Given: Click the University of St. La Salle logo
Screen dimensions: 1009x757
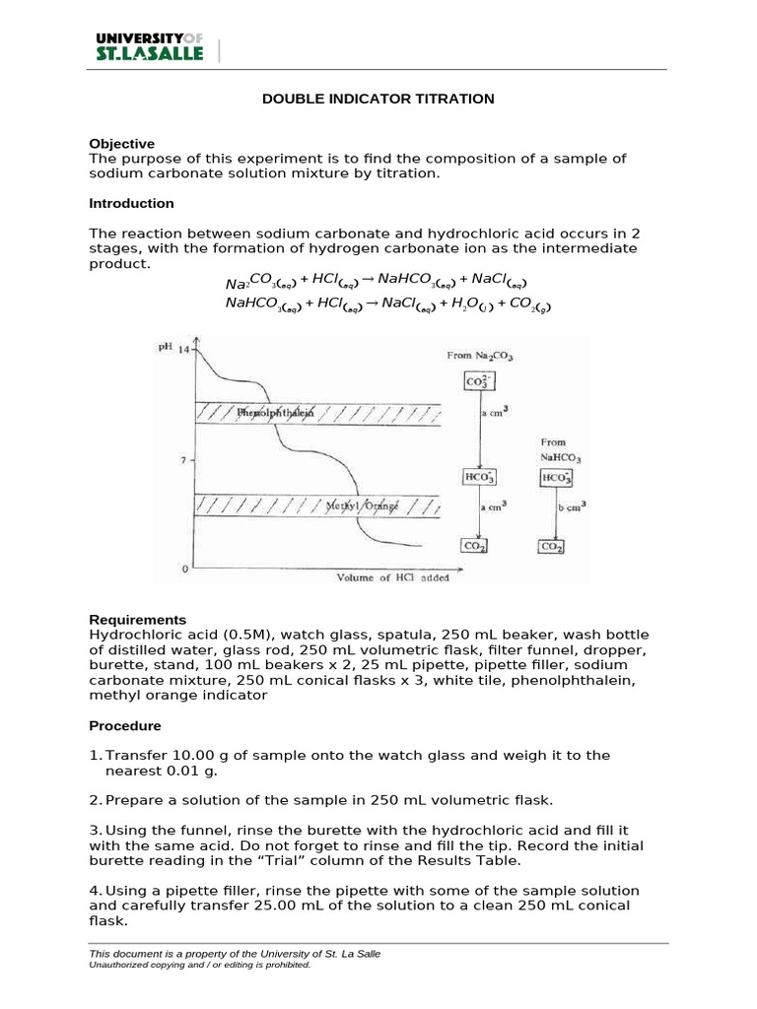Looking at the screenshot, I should click(149, 46).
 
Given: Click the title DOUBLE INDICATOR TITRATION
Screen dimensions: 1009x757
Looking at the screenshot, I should click(378, 100).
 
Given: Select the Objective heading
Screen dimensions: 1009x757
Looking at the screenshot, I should click(121, 144).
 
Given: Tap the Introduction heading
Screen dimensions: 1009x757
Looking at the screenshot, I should click(131, 203).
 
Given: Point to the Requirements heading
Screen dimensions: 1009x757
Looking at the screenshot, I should click(137, 620).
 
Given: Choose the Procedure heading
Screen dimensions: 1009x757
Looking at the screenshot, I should click(124, 726).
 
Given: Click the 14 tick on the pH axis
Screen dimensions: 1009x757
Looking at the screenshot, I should click(183, 349).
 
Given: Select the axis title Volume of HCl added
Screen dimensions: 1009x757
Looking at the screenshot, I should click(392, 577).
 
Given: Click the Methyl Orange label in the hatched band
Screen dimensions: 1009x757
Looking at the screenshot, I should click(362, 505).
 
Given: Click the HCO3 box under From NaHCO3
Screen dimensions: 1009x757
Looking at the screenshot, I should click(556, 478).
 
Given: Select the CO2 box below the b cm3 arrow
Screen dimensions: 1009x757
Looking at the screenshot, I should click(552, 546).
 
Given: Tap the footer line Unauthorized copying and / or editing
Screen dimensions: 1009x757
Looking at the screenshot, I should click(200, 966).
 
